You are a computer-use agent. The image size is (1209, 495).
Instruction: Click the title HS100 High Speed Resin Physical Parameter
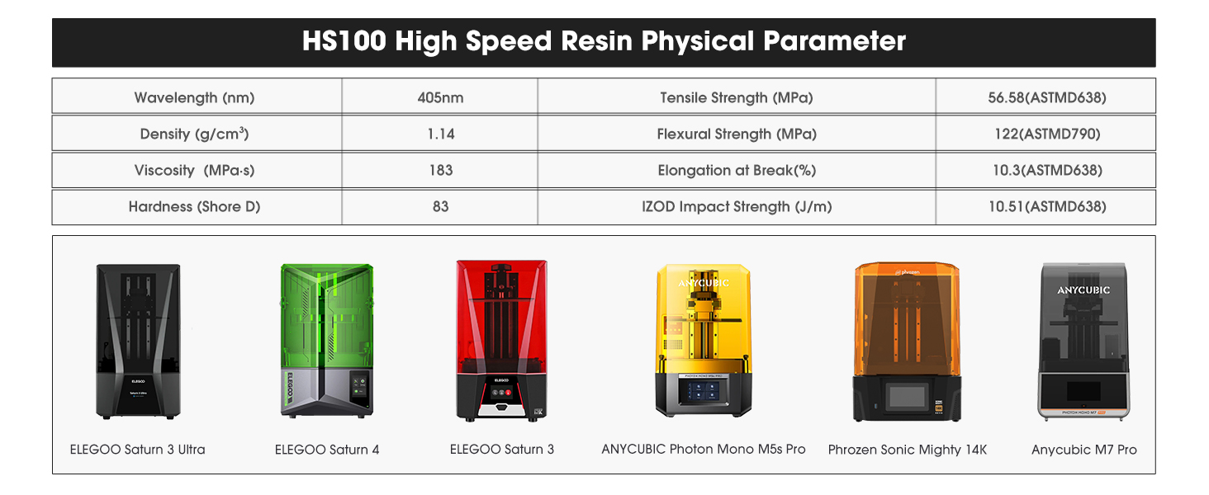click(x=604, y=41)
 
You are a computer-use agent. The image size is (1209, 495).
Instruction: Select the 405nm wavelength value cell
click(x=440, y=97)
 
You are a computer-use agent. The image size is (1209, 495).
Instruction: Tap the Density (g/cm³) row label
click(x=194, y=134)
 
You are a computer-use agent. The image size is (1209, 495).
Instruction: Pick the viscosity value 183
click(x=440, y=170)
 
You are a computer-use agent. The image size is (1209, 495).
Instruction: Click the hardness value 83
click(x=440, y=206)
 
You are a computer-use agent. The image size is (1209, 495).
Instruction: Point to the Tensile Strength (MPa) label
click(x=736, y=97)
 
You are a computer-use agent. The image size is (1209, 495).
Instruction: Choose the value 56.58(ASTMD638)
click(x=1046, y=97)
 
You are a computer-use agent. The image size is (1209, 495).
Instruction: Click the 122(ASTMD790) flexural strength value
click(x=1046, y=134)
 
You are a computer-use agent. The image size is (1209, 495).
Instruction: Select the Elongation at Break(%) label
click(x=736, y=170)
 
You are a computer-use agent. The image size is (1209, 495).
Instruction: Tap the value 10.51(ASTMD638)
click(x=1046, y=206)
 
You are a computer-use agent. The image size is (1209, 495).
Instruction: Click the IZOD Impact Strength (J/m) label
click(x=736, y=206)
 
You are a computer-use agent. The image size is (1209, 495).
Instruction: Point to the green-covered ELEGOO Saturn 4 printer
click(x=327, y=340)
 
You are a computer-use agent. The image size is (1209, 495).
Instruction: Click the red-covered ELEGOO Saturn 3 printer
click(x=501, y=340)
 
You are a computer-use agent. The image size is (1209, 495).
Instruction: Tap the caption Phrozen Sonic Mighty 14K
click(x=907, y=450)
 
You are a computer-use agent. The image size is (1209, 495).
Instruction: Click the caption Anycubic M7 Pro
click(x=1083, y=450)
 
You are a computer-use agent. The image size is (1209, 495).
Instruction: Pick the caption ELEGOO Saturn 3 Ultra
click(x=137, y=450)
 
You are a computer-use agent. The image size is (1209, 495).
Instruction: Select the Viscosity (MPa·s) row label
click(x=194, y=170)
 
